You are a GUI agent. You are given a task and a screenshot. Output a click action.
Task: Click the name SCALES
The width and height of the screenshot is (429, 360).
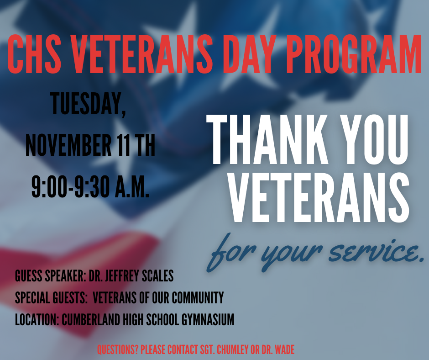coord(158,277)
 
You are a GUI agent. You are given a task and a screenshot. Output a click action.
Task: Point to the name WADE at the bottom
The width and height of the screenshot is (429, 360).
coord(283,350)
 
